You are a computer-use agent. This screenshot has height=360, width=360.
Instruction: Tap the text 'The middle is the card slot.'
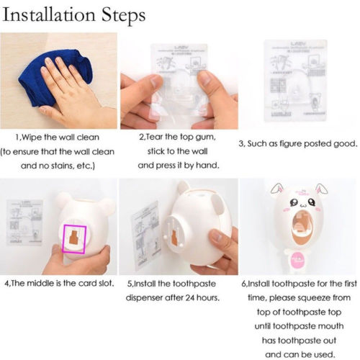(x=59, y=284)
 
